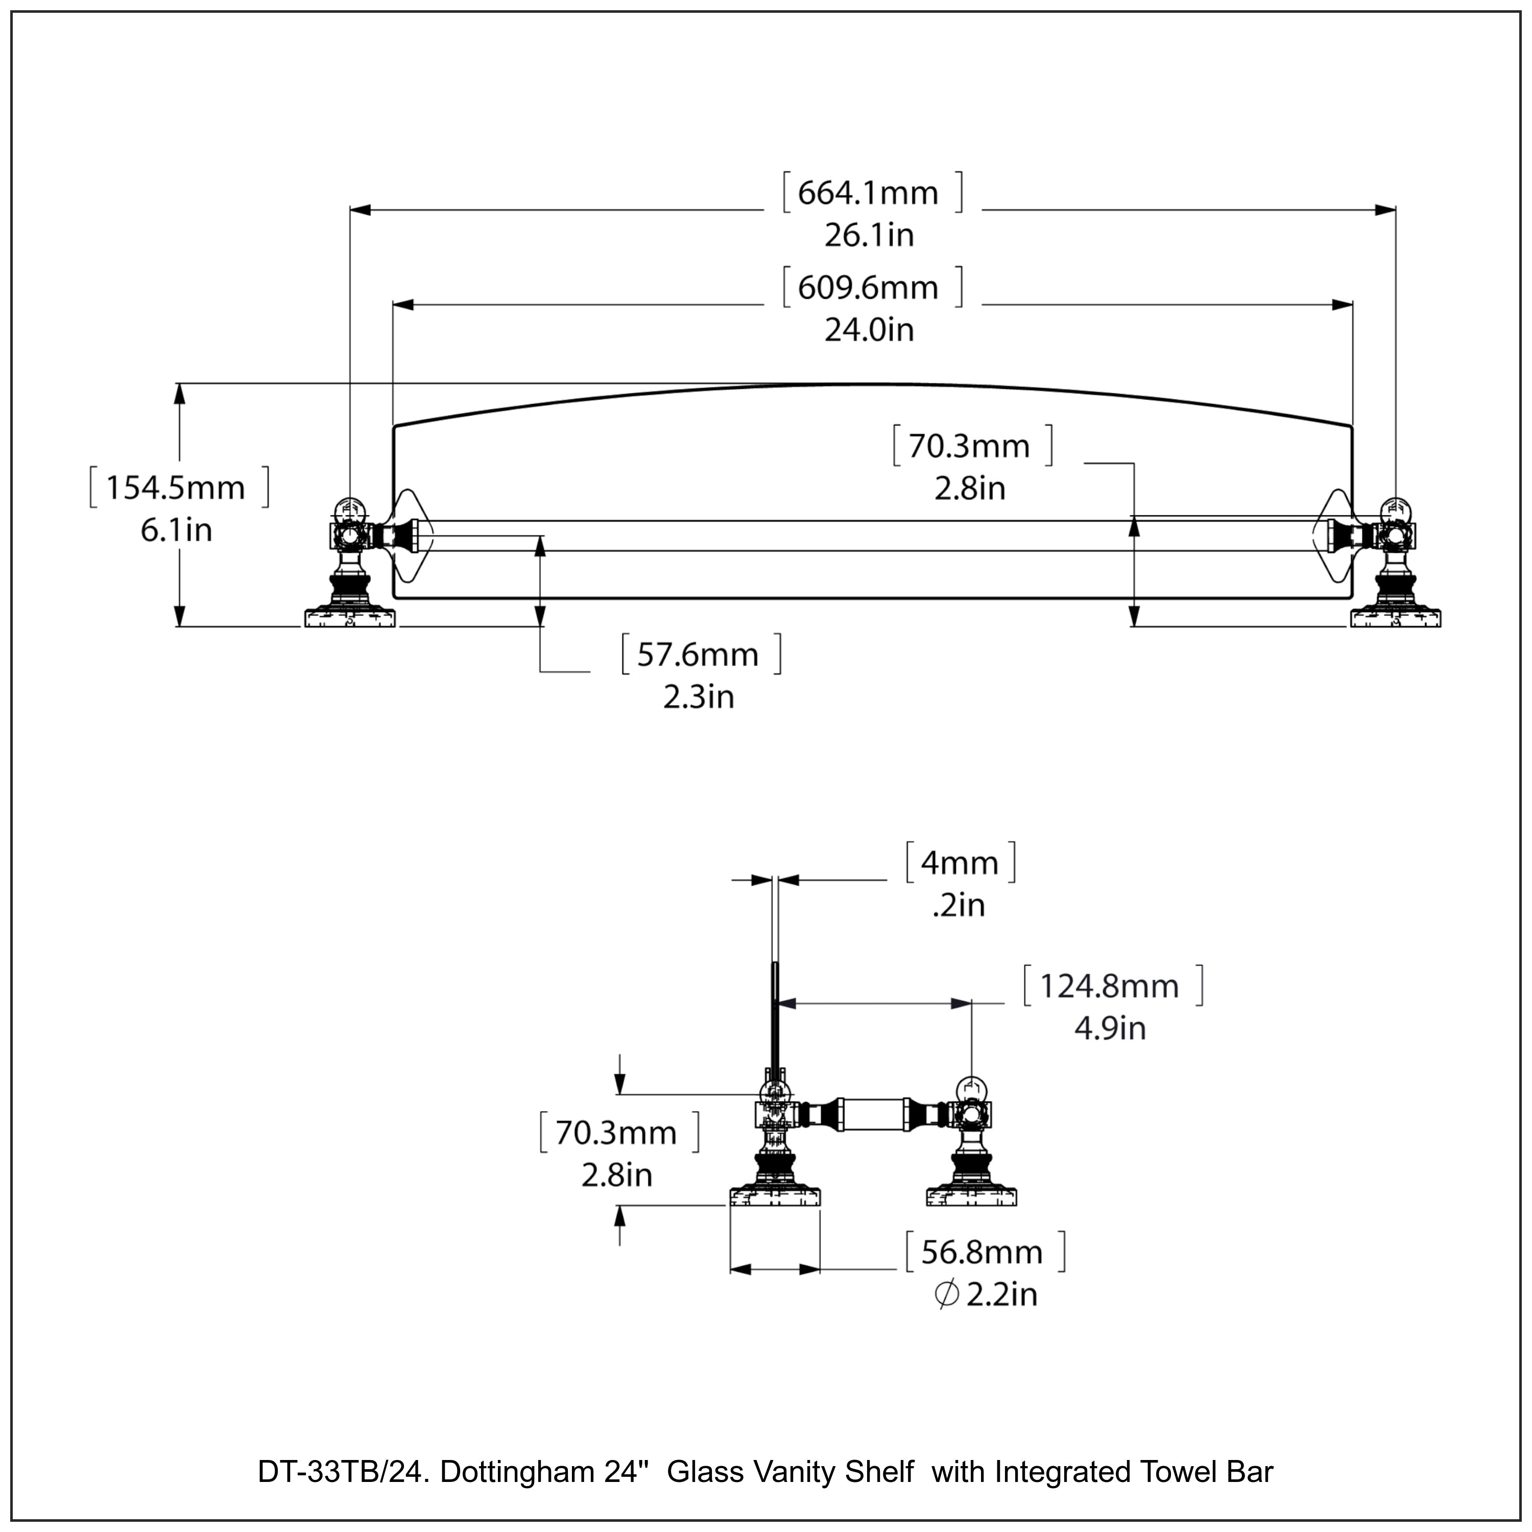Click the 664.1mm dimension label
(868, 193)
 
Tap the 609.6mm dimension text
(868, 287)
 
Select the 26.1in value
(869, 235)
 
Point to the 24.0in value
(869, 330)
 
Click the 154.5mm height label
(176, 488)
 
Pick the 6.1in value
(176, 531)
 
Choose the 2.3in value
(699, 698)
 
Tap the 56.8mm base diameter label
(982, 1253)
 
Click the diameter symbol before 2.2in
(946, 1295)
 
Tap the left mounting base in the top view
(350, 617)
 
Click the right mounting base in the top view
(1396, 617)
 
